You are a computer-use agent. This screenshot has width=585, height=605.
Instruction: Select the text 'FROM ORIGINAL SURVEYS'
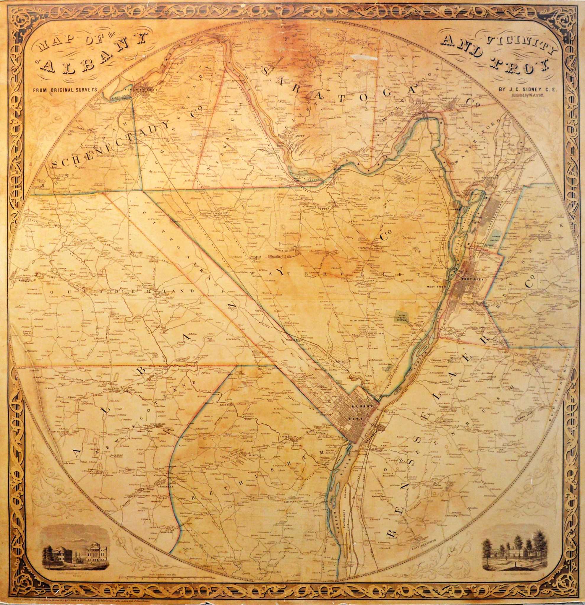[66, 90]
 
